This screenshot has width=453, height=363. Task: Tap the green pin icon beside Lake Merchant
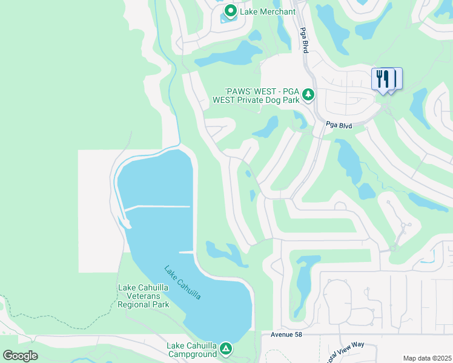pyautogui.click(x=230, y=11)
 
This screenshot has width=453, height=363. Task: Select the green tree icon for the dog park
pyautogui.click(x=308, y=94)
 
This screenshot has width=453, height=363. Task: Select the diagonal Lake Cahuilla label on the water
pyautogui.click(x=182, y=282)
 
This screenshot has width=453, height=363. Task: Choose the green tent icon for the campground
pyautogui.click(x=225, y=348)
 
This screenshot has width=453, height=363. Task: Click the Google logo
pyautogui.click(x=19, y=356)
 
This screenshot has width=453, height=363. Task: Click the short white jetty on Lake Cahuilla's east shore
pyautogui.click(x=187, y=252)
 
